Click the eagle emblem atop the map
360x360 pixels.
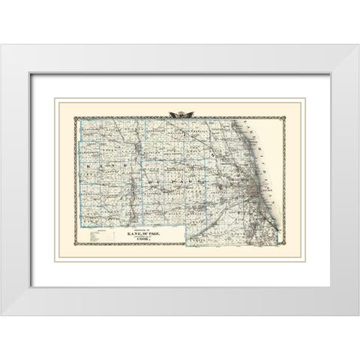pos(179,114)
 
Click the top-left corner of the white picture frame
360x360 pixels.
pos(1,46)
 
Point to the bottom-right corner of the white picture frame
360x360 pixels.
pos(358,314)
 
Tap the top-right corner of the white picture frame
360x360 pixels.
pos(358,46)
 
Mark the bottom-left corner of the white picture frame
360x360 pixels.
pos(1,314)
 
